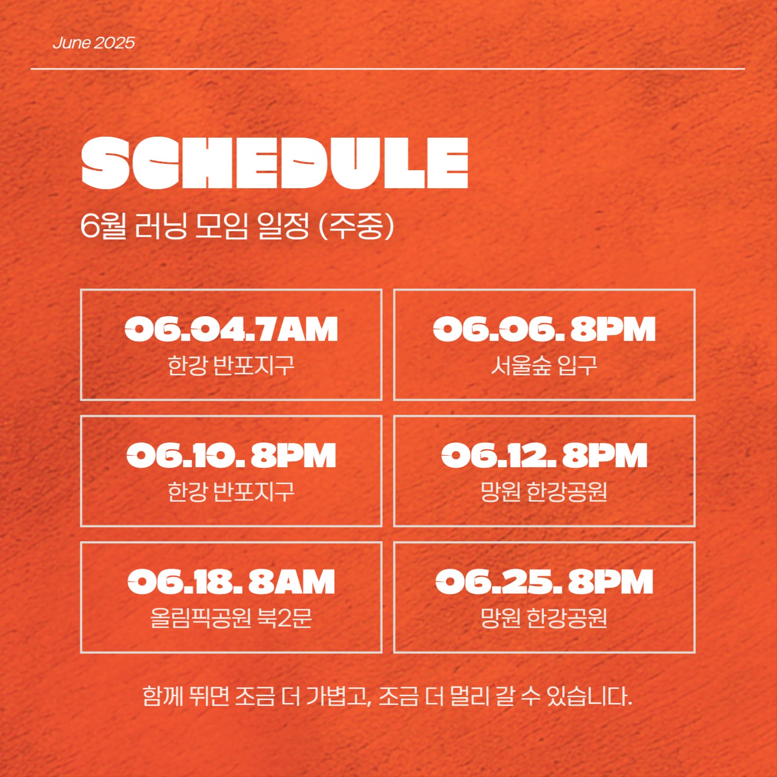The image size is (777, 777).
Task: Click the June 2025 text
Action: pos(93,43)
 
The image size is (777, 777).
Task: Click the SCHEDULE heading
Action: pos(275,163)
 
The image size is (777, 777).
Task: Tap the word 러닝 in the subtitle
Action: pos(161,226)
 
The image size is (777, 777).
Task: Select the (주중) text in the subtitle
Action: pos(356,226)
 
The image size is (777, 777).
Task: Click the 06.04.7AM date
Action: pos(231,330)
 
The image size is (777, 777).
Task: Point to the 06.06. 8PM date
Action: pos(544,330)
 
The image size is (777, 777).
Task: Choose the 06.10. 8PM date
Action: pos(231,456)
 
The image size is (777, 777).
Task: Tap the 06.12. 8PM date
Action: pos(544,456)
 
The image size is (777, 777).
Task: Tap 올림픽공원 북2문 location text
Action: pos(231,618)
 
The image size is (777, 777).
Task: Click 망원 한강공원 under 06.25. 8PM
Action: pos(544,618)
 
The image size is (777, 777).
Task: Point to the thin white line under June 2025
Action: pos(388,69)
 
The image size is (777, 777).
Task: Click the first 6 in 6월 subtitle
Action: pos(90,226)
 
